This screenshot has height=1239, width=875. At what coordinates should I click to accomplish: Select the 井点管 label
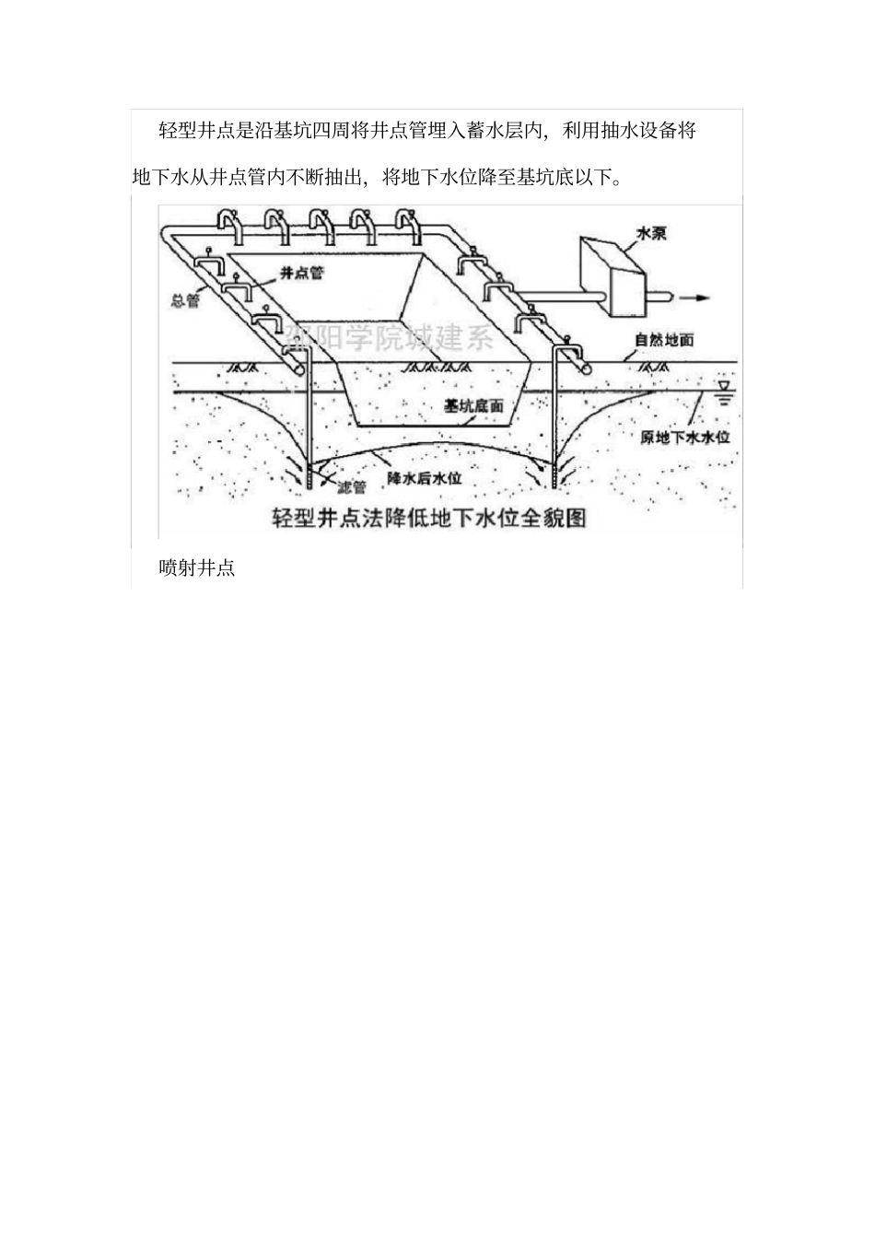point(303,274)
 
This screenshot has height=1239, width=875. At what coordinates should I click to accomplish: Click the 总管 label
point(185,300)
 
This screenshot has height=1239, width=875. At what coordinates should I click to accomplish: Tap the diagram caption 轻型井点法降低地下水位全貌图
point(428,517)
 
